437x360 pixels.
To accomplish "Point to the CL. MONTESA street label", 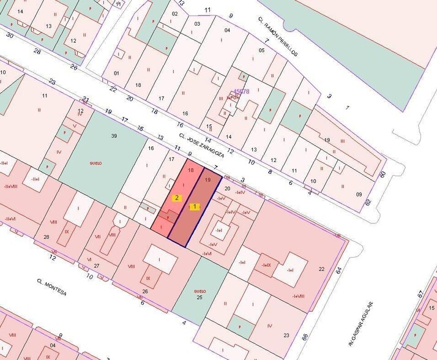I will point(51,288).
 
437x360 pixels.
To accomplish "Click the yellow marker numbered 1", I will point(195,207).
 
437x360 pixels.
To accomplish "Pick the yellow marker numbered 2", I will point(176,197).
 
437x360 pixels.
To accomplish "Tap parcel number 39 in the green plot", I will point(113,135).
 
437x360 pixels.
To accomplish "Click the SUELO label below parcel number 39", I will point(95,163).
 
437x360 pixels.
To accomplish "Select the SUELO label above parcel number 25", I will point(200,291).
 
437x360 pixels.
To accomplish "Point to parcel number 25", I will point(200,298).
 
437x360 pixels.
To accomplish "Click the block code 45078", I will point(242,92).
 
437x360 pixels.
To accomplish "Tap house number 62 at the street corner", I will point(368,202).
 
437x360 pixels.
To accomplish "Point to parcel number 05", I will point(261,50).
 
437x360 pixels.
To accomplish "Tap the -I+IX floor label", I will point(266,265).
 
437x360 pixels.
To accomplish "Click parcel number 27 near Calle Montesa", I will point(96,265).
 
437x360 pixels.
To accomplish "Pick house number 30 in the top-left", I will point(9,35).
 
